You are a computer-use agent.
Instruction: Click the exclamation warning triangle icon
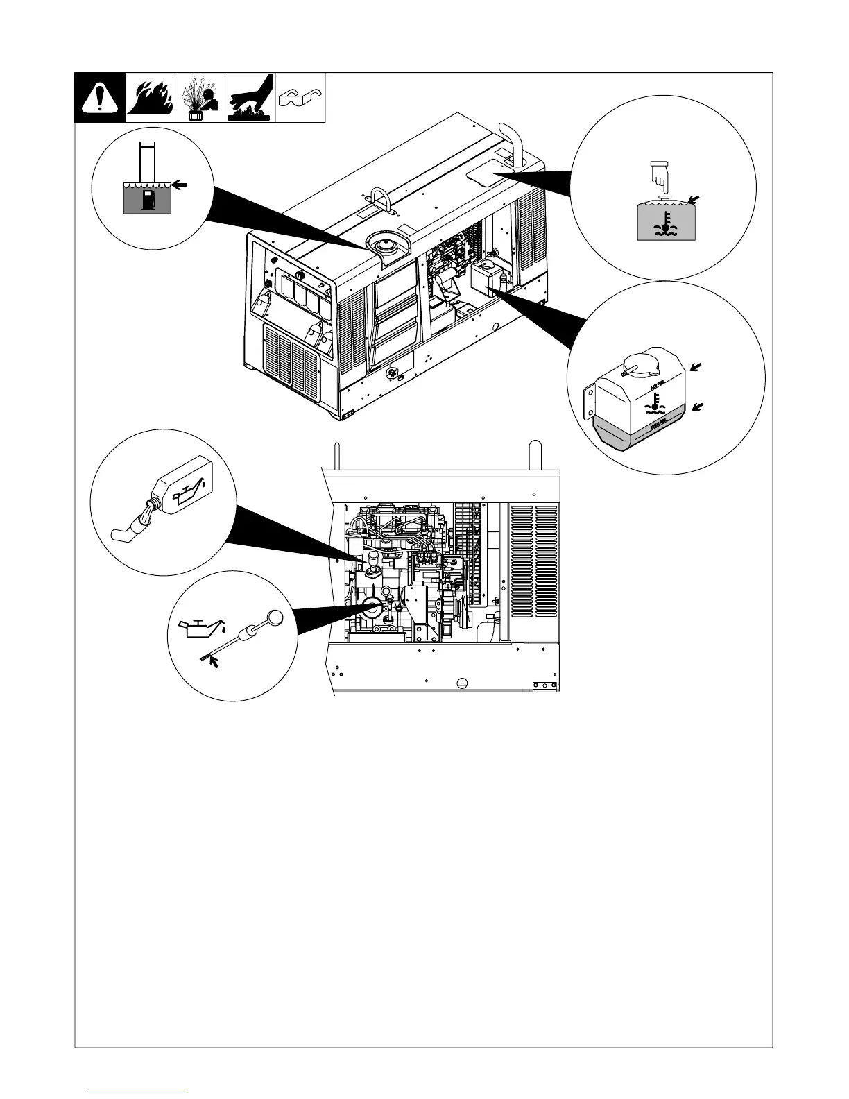point(100,98)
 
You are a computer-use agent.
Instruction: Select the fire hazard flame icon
point(150,98)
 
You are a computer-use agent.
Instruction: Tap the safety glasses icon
point(300,98)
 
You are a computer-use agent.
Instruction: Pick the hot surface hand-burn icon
point(250,98)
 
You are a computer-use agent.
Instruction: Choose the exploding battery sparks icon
point(200,98)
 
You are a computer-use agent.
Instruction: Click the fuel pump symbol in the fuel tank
point(147,200)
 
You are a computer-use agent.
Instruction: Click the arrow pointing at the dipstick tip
point(216,662)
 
